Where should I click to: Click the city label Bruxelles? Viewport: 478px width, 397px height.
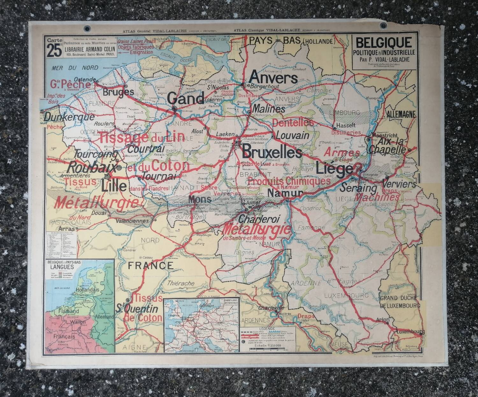point(272,152)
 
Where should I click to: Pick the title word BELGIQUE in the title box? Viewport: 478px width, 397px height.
point(379,42)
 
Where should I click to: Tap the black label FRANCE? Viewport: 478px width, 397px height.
point(150,265)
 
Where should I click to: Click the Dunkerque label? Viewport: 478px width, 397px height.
point(69,117)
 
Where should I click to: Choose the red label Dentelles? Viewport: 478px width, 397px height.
point(293,122)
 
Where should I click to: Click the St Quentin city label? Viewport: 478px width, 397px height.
point(137,309)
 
